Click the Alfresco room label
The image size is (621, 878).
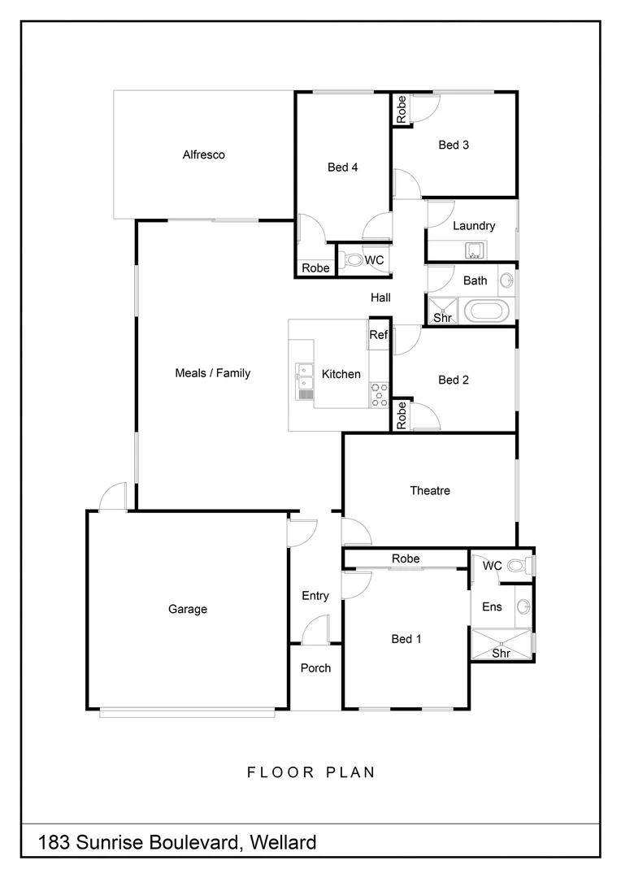coord(203,154)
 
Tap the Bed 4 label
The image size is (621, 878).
coord(343,167)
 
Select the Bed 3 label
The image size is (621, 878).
coord(454,145)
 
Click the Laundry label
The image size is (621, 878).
coord(474,226)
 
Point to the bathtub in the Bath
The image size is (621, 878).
coord(486,311)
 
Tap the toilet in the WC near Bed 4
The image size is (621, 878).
coord(353,260)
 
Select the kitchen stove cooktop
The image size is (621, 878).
coord(380,393)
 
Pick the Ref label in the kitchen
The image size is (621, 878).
coord(379,335)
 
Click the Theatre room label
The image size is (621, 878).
coord(430,490)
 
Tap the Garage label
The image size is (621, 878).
coord(188,609)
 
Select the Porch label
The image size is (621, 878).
coord(315,668)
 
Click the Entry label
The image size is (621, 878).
coord(315,596)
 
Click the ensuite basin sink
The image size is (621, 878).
coord(524,606)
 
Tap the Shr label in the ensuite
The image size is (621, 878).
coord(502,653)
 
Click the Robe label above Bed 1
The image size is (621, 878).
coord(406,559)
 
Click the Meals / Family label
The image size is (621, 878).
coord(213,373)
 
